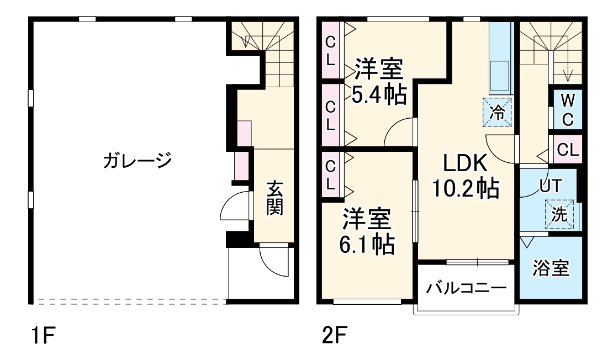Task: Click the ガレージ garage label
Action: pyautogui.click(x=137, y=160)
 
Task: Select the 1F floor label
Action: pyautogui.click(x=43, y=335)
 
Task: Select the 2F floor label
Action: pyautogui.click(x=335, y=335)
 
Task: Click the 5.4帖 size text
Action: pyautogui.click(x=379, y=94)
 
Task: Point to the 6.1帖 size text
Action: pyautogui.click(x=366, y=245)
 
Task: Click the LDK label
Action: pyautogui.click(x=465, y=163)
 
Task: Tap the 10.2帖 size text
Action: pyautogui.click(x=465, y=188)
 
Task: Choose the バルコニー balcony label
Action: pyautogui.click(x=466, y=288)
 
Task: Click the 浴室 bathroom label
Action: pyautogui.click(x=551, y=268)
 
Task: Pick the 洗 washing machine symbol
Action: pyautogui.click(x=559, y=214)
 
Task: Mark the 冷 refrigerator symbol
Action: pyautogui.click(x=497, y=112)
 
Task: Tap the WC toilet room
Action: pyautogui.click(x=568, y=110)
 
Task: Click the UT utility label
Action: pyautogui.click(x=551, y=186)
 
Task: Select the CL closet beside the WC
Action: pyautogui.click(x=568, y=149)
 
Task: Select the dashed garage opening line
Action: pyautogui.click(x=132, y=301)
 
